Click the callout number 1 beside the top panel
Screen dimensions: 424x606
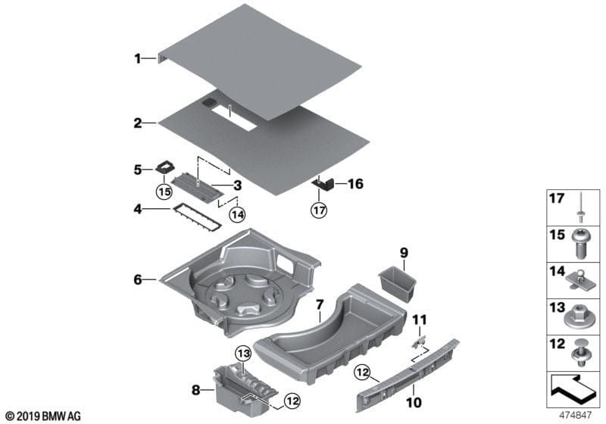tap(137, 58)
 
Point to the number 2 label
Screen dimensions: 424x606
tap(137, 122)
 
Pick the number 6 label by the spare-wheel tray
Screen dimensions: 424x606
tap(137, 279)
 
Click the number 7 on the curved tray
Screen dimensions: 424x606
tap(320, 306)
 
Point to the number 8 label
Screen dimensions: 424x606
tap(196, 391)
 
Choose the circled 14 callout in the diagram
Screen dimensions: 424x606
tap(237, 214)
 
